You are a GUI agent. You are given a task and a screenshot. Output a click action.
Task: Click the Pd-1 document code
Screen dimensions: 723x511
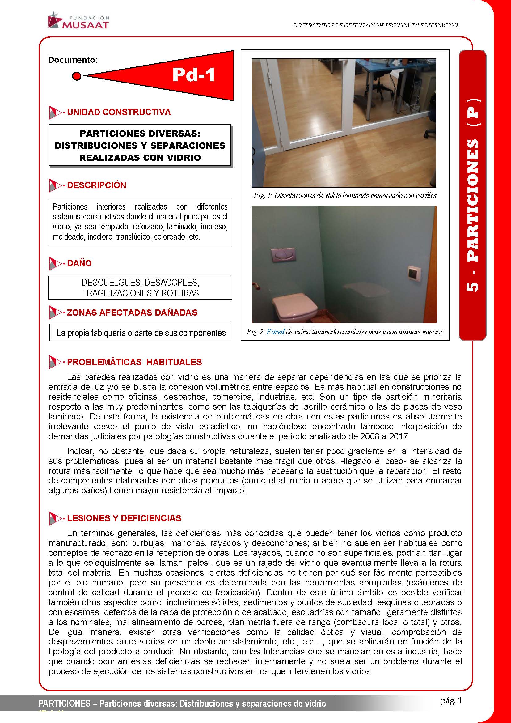(193, 75)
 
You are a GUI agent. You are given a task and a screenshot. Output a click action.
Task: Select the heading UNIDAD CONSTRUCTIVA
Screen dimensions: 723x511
(119, 112)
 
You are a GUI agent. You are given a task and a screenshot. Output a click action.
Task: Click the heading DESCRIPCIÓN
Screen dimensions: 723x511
(97, 185)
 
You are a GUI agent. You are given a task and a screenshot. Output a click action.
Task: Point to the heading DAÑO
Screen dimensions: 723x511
(79, 263)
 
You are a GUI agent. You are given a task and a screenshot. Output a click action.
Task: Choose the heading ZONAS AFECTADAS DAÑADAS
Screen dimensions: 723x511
(132, 313)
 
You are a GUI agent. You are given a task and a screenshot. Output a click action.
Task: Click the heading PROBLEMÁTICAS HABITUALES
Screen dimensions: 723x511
(134, 362)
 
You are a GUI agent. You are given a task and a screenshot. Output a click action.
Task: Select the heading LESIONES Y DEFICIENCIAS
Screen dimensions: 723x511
(124, 518)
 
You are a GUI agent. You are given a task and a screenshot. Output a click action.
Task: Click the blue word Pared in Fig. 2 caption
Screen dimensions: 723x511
(275, 332)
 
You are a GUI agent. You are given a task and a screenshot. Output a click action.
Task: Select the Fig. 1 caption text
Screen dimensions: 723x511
(345, 196)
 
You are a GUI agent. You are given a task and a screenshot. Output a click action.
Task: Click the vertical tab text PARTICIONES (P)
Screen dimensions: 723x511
(473, 195)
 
